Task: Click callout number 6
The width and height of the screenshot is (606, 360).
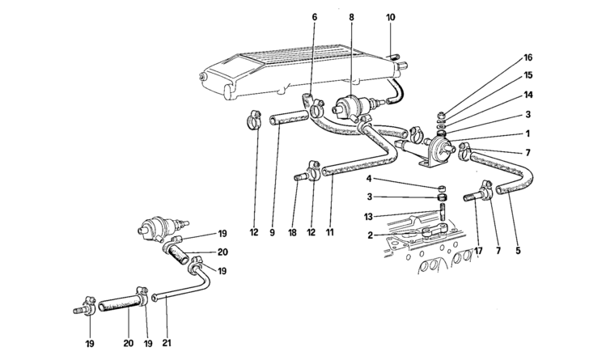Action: [x=314, y=16]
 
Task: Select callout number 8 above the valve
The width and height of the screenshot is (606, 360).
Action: [x=350, y=16]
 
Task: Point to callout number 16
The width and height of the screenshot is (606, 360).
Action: [x=528, y=58]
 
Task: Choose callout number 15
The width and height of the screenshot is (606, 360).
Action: [x=528, y=75]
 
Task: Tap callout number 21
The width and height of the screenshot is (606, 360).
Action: [x=167, y=344]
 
